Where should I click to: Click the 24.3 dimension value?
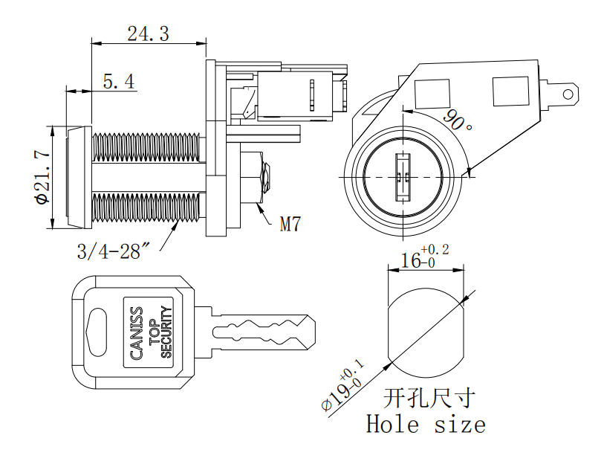click(x=148, y=33)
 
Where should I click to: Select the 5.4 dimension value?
click(x=118, y=82)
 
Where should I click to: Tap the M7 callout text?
click(x=290, y=224)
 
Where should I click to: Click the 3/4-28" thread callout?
click(x=114, y=251)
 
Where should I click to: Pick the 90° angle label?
click(x=458, y=119)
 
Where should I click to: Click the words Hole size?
click(x=426, y=425)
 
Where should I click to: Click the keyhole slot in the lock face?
click(x=401, y=177)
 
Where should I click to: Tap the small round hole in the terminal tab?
click(x=568, y=94)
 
